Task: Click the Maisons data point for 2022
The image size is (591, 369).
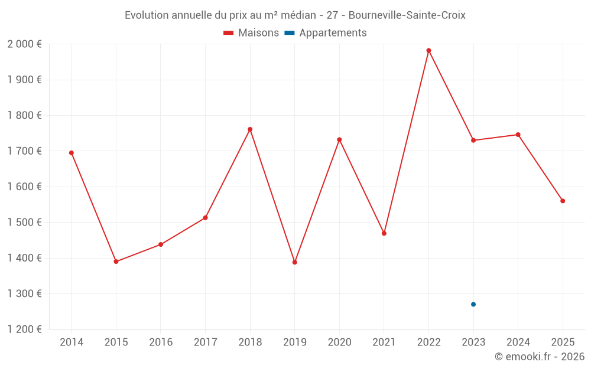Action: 428,51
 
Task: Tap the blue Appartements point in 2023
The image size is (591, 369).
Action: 473,305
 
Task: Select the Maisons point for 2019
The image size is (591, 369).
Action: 295,262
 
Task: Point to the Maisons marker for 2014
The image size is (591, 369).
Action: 72,153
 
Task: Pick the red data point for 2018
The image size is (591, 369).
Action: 250,129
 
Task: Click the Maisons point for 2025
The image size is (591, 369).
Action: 563,201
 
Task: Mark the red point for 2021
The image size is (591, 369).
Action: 384,234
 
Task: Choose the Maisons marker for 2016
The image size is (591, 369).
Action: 161,244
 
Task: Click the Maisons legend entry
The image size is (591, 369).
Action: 251,33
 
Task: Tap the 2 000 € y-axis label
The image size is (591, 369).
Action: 24,44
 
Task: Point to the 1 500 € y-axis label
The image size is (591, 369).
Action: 24,223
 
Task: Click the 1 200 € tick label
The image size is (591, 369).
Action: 24,329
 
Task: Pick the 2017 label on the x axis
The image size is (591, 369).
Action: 205,342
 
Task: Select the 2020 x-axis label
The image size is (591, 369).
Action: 339,342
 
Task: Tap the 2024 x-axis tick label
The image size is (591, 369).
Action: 518,342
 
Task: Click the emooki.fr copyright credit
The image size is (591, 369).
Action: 540,357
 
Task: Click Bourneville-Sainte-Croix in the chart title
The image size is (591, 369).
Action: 407,15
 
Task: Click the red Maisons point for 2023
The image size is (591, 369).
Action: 473,141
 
